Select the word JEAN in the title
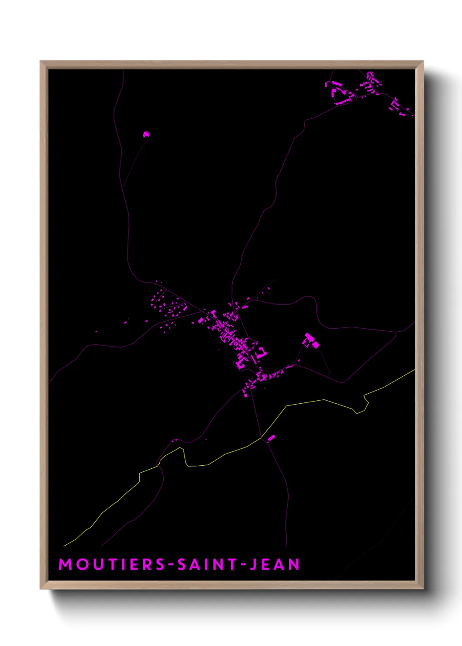(275, 564)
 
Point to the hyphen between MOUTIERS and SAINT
(172, 565)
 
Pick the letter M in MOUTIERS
(65, 564)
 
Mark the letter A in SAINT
(194, 564)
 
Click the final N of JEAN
(294, 564)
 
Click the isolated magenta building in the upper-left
(146, 134)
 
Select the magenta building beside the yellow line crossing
(271, 438)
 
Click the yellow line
(306, 402)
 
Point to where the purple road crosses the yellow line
(261, 437)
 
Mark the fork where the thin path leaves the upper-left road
(123, 188)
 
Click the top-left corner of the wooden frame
(41, 62)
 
